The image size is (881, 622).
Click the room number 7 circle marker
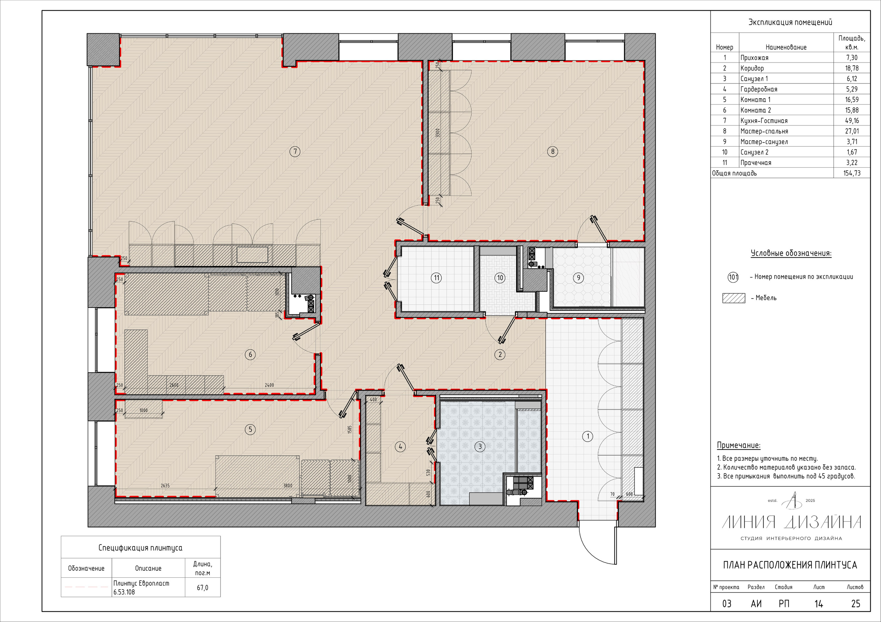click(295, 152)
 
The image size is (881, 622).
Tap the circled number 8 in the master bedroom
click(553, 152)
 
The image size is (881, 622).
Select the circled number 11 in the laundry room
click(436, 278)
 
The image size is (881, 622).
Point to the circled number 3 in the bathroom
click(480, 446)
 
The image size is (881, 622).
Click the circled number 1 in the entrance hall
click(587, 436)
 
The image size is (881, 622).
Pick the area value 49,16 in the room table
click(851, 121)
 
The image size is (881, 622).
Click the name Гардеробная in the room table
click(758, 89)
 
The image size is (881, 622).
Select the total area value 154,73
click(852, 173)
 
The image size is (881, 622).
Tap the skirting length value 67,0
click(203, 588)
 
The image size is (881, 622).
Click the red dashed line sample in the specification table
click(86, 587)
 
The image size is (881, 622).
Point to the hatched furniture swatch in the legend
click(734, 298)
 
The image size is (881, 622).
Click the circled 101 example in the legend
click(733, 277)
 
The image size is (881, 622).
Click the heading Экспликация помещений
click(790, 22)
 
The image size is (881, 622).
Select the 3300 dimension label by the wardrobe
click(437, 133)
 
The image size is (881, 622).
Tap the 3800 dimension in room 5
click(288, 486)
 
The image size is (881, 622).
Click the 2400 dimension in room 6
click(269, 385)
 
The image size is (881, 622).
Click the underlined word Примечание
click(739, 445)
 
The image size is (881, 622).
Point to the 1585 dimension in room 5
click(350, 430)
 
